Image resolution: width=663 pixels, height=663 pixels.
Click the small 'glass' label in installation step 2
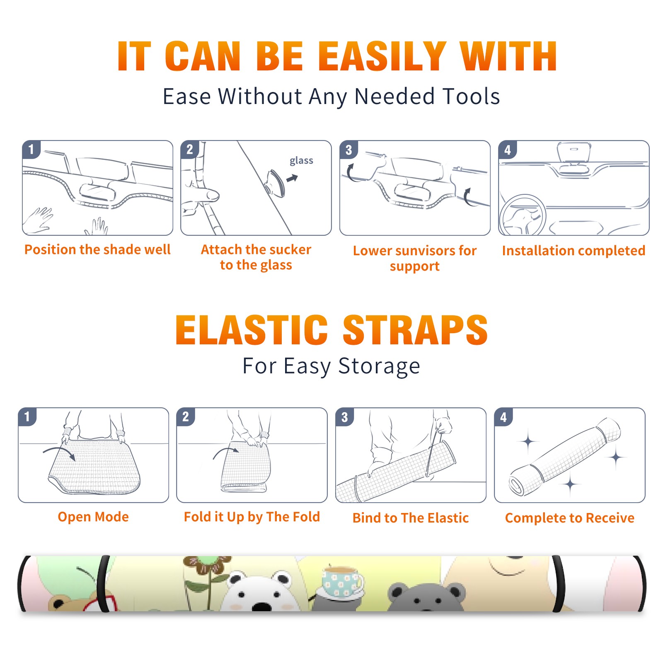301,161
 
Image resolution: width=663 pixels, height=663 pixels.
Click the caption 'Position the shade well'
97,249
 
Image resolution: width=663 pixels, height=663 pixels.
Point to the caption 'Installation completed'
573,250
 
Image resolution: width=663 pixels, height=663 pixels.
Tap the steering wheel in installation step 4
523,215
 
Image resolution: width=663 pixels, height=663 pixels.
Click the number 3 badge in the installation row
348,150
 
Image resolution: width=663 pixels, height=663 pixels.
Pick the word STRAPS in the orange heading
415,330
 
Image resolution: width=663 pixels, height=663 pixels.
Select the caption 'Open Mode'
93,517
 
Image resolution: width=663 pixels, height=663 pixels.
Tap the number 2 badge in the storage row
185,417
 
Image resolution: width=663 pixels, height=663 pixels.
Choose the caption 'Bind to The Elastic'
411,518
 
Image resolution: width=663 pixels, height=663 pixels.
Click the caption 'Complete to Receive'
570,518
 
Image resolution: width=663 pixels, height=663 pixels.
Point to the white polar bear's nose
262,607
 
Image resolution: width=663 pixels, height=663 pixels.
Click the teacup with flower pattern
341,582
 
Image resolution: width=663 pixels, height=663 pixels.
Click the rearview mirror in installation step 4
574,152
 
